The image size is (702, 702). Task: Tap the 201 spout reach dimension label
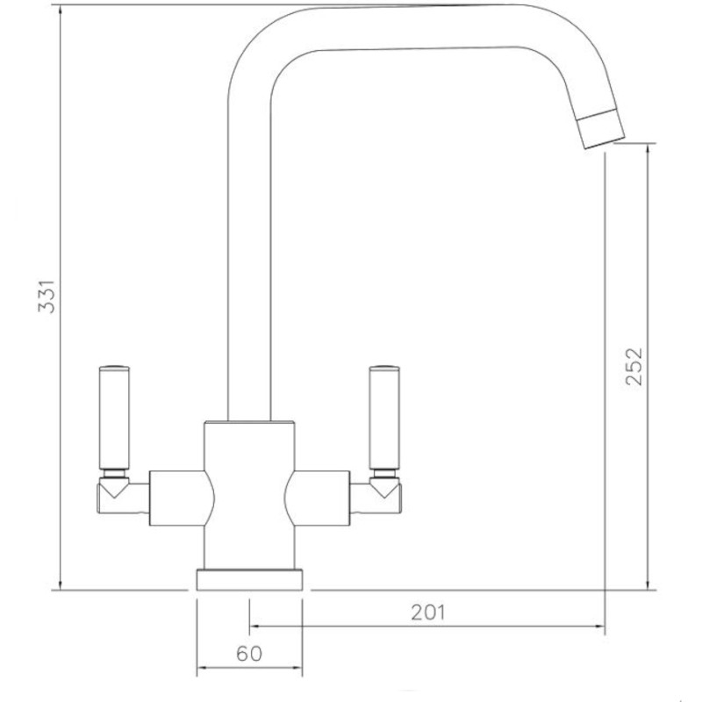click(427, 612)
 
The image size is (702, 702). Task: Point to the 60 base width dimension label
click(250, 654)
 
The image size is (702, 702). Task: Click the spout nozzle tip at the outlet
click(599, 128)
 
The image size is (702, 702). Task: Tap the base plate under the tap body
click(250, 580)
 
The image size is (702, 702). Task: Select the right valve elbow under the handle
click(384, 496)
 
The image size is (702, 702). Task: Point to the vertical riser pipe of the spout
click(250, 263)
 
